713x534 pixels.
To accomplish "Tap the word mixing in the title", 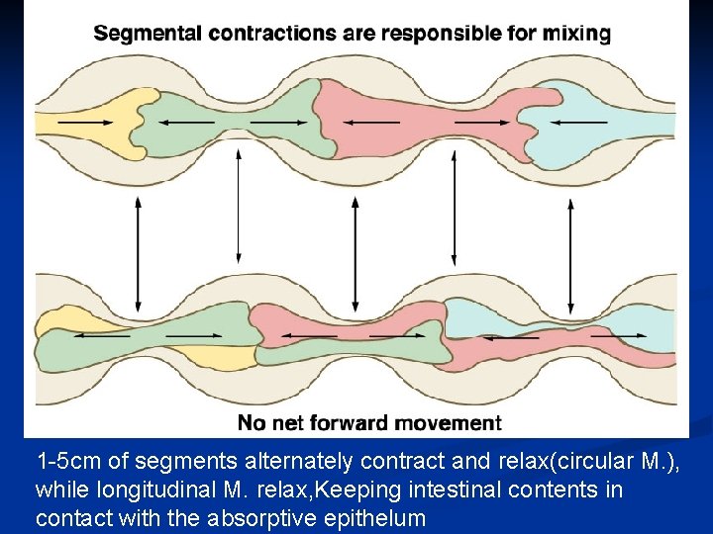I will point(576,33).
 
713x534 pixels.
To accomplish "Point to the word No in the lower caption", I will point(251,423).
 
